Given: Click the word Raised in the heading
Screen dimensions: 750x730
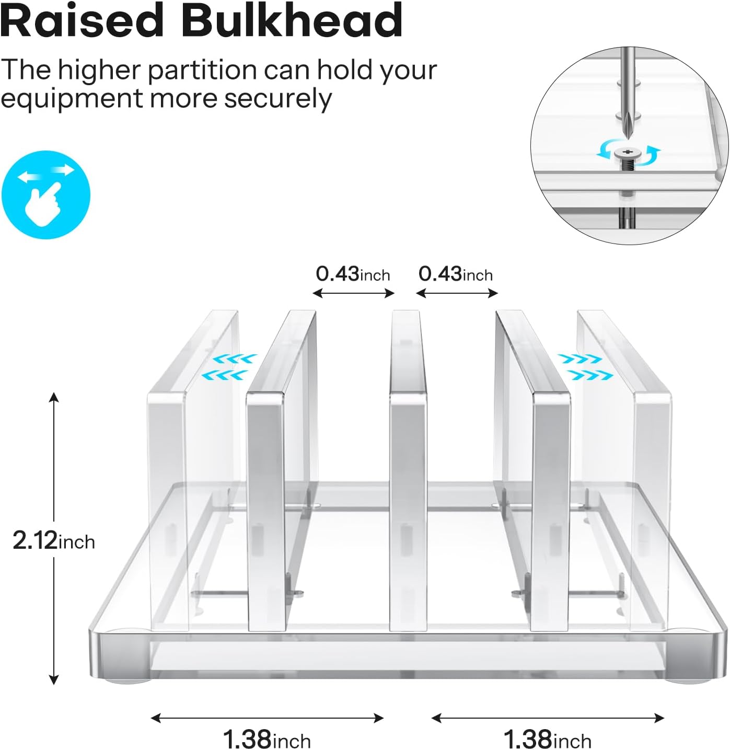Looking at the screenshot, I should click(x=82, y=21).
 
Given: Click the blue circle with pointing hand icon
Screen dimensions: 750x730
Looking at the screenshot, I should click(x=46, y=194).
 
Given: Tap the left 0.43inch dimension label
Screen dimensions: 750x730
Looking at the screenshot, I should click(x=353, y=274).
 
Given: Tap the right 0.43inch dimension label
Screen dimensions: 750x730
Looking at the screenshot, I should click(x=456, y=274).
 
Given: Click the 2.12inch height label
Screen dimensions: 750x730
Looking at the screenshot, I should click(x=54, y=540).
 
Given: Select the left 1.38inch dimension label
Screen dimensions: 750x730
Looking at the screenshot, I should click(x=266, y=740).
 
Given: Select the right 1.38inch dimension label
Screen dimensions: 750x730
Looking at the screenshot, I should click(x=547, y=740).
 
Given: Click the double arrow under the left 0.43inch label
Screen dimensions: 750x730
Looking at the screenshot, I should click(x=353, y=294).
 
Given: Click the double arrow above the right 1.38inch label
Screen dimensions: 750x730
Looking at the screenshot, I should click(x=548, y=718).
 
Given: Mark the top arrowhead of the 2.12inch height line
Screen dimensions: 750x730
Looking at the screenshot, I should click(x=54, y=397).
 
